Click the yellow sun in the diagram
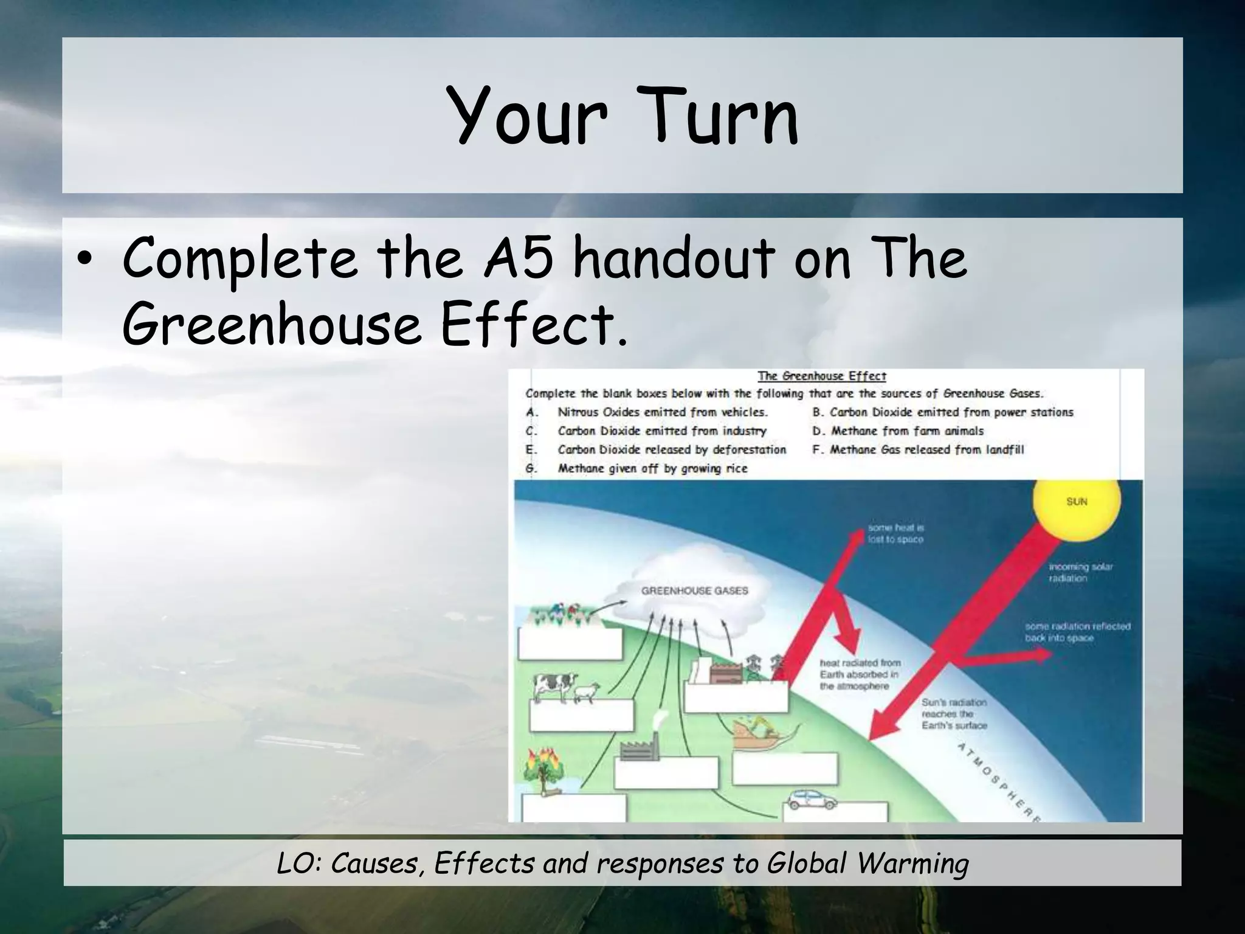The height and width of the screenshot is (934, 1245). [x=1076, y=507]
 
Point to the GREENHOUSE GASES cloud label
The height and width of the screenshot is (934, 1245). [x=694, y=590]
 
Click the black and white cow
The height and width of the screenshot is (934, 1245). [x=553, y=686]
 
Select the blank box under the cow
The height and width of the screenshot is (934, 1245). [x=581, y=716]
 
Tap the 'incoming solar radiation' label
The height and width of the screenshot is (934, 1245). [x=1080, y=572]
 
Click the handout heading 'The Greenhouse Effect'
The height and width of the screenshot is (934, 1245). [x=821, y=376]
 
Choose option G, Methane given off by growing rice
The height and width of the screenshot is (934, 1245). [x=652, y=469]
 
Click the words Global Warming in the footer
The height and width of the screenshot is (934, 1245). [x=867, y=863]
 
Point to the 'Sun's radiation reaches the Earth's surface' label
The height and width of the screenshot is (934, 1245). [x=954, y=714]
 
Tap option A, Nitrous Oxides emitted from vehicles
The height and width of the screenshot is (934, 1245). [x=662, y=412]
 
